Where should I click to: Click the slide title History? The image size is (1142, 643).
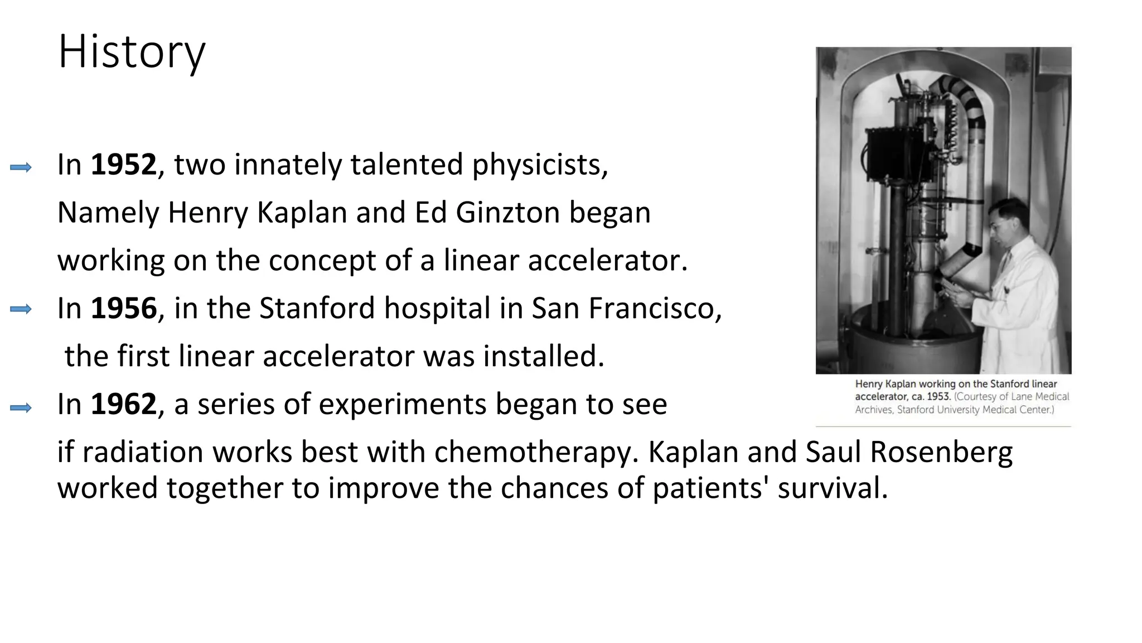pyautogui.click(x=132, y=52)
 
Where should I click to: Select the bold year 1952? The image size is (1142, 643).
pyautogui.click(x=123, y=165)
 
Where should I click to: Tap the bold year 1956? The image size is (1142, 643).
pyautogui.click(x=123, y=308)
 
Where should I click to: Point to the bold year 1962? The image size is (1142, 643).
pyautogui.click(x=123, y=404)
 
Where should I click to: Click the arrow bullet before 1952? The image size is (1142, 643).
pyautogui.click(x=21, y=167)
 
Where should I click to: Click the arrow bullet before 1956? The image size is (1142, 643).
pyautogui.click(x=21, y=309)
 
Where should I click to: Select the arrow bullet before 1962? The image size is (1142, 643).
pyautogui.click(x=21, y=408)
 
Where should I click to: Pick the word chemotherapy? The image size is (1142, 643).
pyautogui.click(x=536, y=452)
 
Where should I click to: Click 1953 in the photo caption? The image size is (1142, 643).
pyautogui.click(x=938, y=397)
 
